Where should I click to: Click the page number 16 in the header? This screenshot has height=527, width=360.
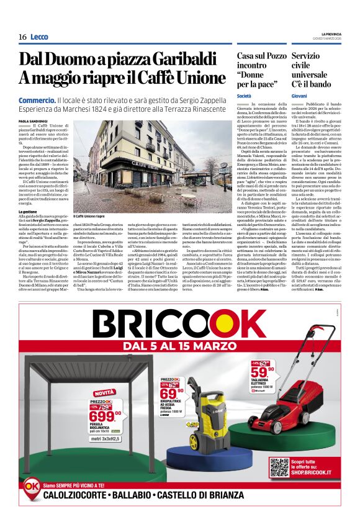(22, 37)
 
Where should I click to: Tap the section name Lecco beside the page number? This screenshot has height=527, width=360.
(39, 37)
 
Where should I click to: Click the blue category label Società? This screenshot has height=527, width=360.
(244, 96)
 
